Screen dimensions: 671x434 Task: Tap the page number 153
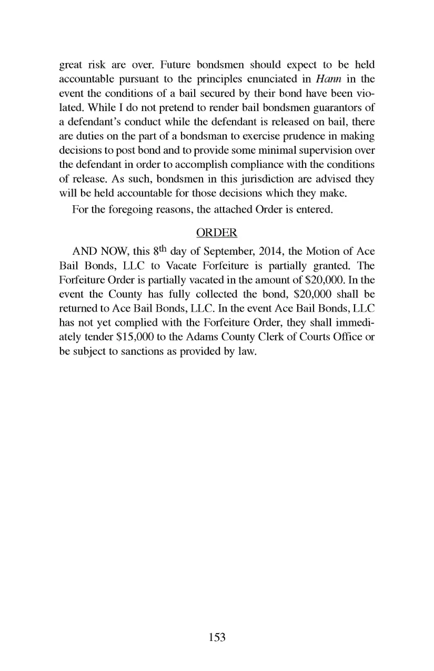(217, 637)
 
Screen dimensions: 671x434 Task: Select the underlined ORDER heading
(217, 233)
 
